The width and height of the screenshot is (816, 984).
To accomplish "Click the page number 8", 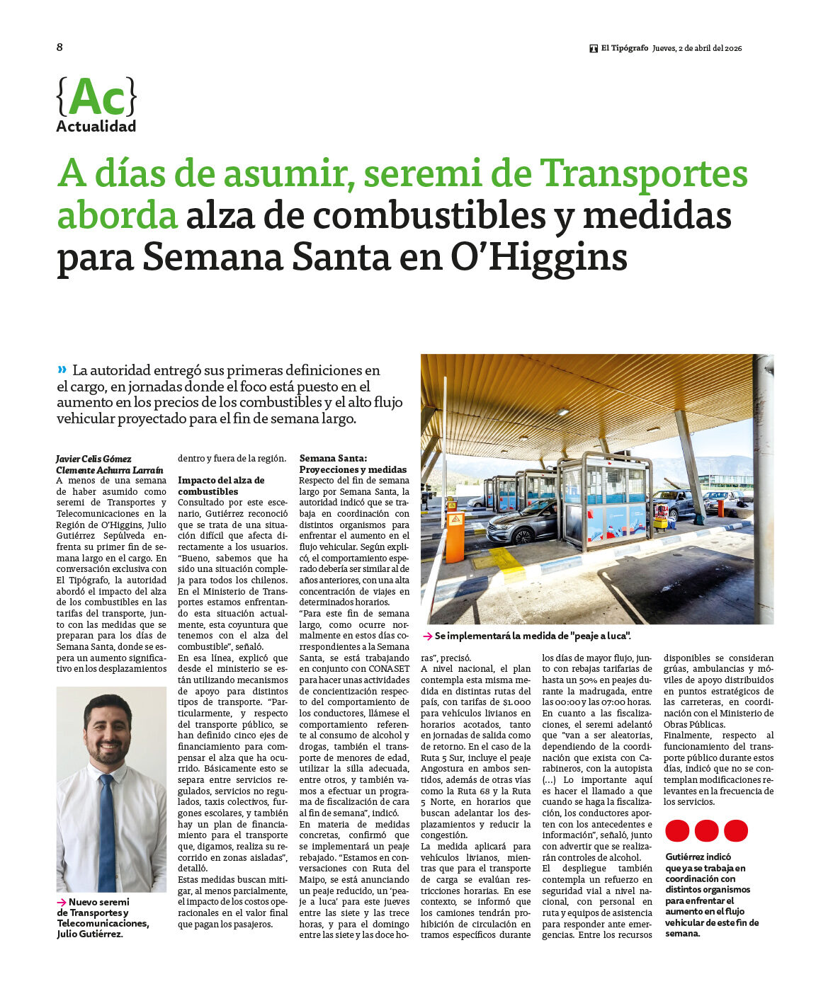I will [x=59, y=47].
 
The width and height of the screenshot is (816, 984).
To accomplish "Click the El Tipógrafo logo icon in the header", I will [x=594, y=49].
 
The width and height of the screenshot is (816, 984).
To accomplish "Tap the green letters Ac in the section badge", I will [x=96, y=97].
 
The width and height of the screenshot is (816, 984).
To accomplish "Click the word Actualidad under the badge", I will [x=96, y=127].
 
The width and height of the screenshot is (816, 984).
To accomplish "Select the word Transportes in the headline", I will [x=643, y=173].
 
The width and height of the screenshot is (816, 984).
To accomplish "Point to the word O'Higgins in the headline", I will [x=539, y=257].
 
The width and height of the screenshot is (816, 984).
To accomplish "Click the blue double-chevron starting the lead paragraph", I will [x=62, y=369].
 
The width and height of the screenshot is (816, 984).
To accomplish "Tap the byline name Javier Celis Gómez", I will [x=93, y=459].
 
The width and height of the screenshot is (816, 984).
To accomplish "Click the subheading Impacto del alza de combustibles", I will [x=221, y=486].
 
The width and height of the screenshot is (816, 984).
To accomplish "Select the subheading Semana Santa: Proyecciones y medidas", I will [x=353, y=464].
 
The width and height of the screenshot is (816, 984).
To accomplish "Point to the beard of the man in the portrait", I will [x=108, y=752].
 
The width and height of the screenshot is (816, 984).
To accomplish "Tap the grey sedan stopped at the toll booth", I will [x=522, y=522].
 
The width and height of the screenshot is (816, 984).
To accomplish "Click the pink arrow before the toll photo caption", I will [x=427, y=636].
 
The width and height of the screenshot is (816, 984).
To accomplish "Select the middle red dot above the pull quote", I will [x=706, y=830].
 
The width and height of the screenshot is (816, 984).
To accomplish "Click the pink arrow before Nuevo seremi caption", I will [x=62, y=903].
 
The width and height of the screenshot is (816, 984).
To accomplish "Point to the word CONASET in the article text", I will [x=389, y=669].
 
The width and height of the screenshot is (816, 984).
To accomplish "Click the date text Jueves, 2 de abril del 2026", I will [x=697, y=48].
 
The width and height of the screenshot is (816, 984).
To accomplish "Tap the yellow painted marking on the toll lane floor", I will [x=499, y=561].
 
